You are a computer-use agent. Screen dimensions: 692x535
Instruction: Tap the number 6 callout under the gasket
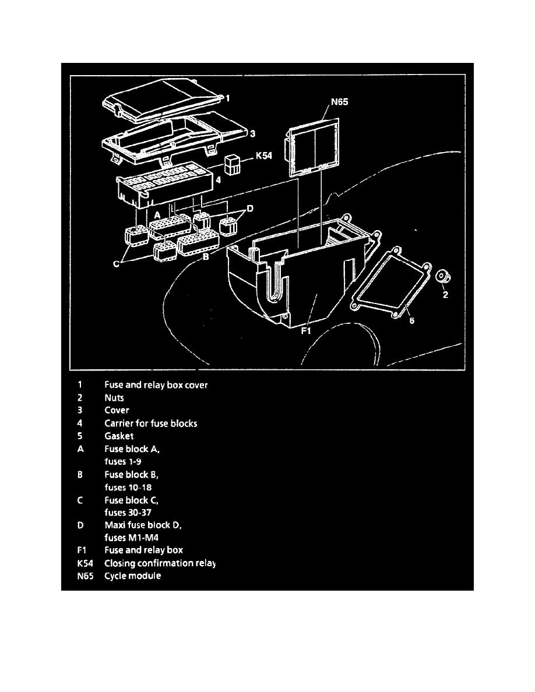click(x=411, y=320)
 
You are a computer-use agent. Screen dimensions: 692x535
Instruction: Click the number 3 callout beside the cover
click(x=252, y=134)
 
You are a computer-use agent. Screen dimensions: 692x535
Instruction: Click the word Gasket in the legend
click(x=119, y=436)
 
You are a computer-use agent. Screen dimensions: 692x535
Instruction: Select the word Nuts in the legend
click(x=115, y=398)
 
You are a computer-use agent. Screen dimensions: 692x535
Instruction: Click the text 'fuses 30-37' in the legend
click(x=128, y=512)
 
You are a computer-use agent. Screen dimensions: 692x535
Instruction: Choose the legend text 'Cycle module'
click(x=132, y=576)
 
